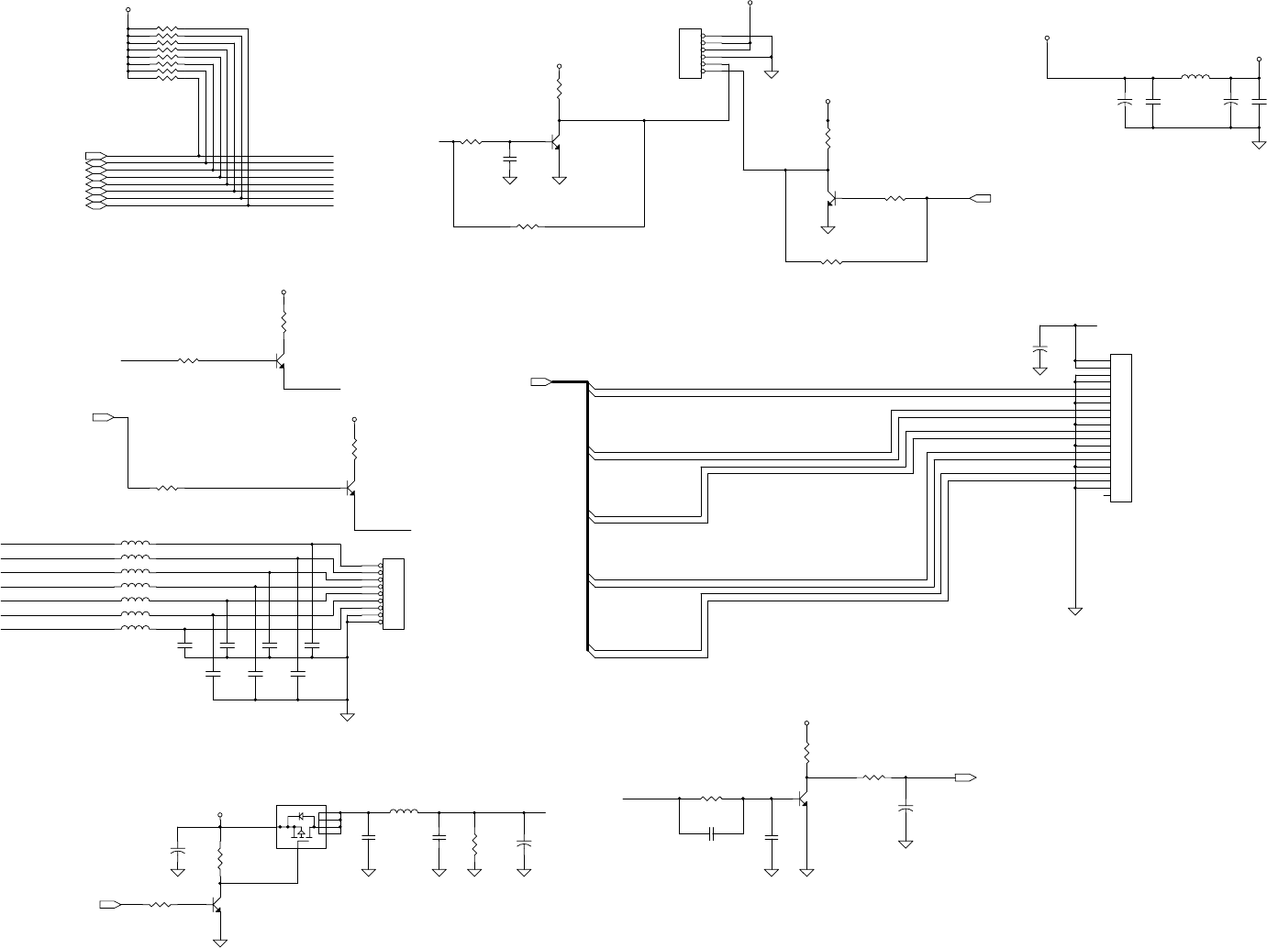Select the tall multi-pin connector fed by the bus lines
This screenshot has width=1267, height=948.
1121,427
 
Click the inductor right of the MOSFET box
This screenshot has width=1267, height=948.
404,811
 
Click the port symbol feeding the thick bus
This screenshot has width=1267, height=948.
540,381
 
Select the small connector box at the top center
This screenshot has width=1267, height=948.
689,54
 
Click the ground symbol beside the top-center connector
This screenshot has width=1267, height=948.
772,74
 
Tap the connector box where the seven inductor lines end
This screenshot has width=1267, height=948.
393,593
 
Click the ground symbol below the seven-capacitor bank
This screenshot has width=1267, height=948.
348,717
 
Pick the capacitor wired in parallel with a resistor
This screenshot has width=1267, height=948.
712,833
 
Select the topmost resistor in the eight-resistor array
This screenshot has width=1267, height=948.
166,29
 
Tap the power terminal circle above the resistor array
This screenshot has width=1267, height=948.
128,11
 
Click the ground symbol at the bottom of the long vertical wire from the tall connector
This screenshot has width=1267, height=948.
1074,611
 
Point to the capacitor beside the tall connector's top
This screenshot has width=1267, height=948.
1039,350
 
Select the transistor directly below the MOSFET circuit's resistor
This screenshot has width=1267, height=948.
217,905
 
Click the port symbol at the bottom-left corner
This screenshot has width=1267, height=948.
109,905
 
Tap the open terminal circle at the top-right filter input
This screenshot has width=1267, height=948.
1047,39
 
